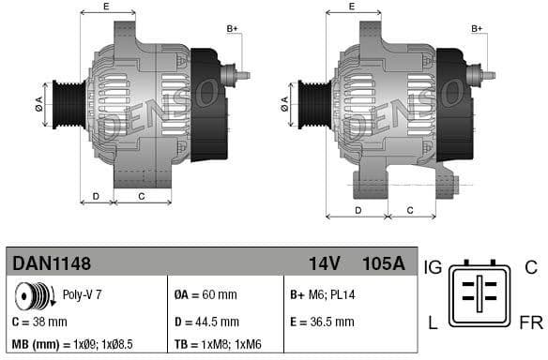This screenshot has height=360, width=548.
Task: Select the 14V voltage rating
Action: pos(327,263)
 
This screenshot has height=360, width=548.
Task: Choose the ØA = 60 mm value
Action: pos(205,295)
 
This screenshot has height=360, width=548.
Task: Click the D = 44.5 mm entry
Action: pos(206,322)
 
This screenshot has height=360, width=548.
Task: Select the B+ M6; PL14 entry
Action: pos(324,295)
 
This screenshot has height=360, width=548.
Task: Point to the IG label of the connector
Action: pos(434,269)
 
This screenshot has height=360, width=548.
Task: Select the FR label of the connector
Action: pos(530,323)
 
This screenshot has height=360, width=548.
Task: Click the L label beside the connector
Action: pos(433,323)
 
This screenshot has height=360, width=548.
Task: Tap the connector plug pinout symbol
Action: pos(479,295)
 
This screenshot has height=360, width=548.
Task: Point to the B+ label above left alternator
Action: pos(234,29)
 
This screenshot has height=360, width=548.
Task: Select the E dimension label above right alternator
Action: pos(351,7)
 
